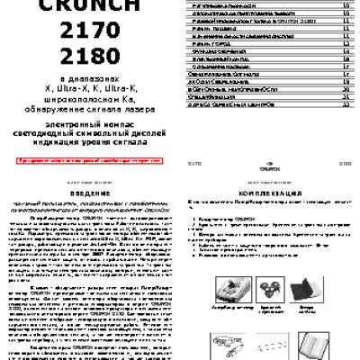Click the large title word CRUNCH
[89, 6]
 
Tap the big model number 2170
[89, 35]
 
